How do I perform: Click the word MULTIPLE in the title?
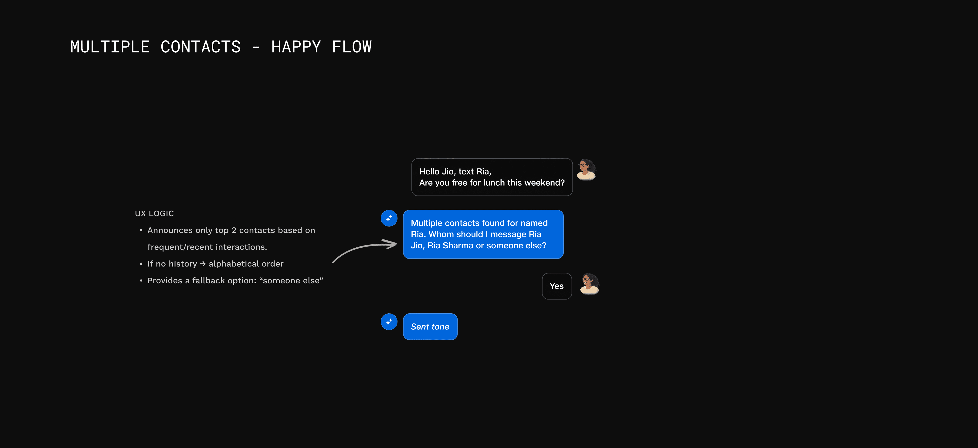[110, 47]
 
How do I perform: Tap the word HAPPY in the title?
[296, 47]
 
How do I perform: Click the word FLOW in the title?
[352, 47]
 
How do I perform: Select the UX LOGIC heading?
[154, 214]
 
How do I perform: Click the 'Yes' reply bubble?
[557, 286]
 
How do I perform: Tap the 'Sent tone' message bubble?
[430, 327]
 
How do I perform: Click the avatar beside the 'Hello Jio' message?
[586, 169]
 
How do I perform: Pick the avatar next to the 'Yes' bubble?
[589, 284]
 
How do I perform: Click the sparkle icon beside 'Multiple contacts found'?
[389, 218]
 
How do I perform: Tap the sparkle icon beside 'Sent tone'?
[389, 322]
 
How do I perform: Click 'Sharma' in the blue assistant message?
[458, 246]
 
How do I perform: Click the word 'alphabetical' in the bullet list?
[234, 264]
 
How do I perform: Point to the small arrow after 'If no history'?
[203, 264]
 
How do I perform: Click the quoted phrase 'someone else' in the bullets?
[291, 280]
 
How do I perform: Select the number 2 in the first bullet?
[234, 230]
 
